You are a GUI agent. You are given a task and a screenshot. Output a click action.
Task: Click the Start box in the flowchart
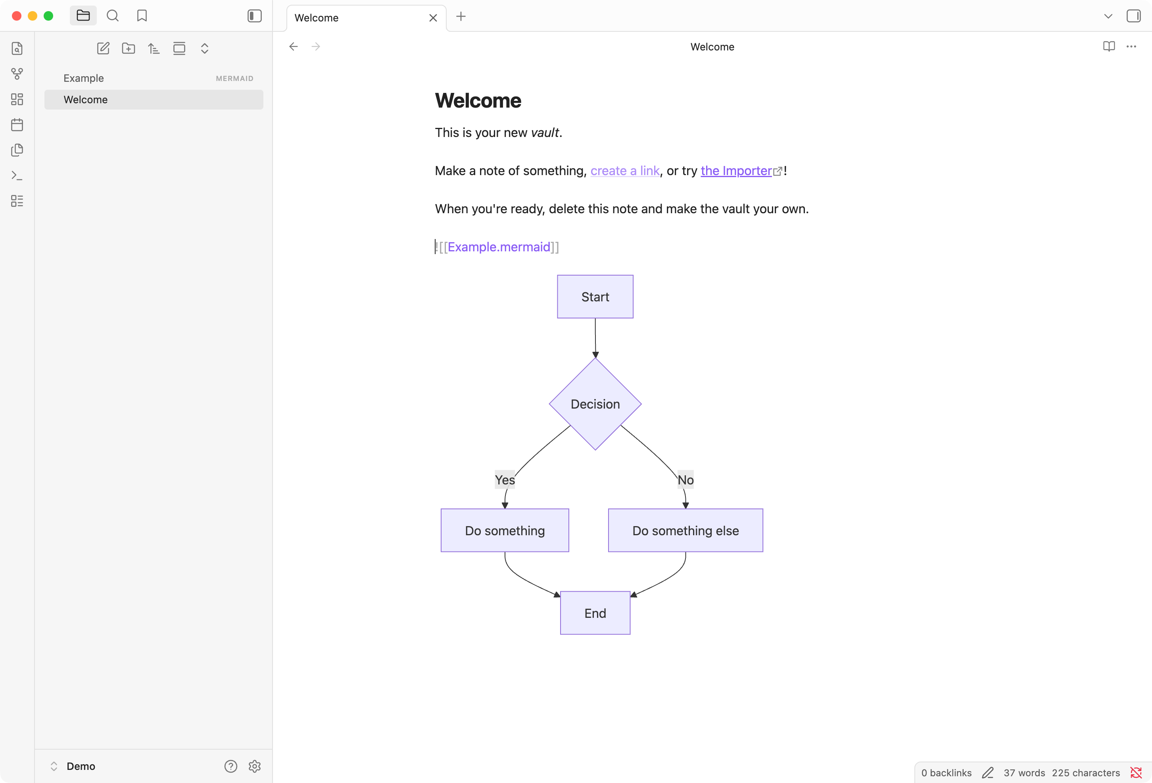tap(595, 297)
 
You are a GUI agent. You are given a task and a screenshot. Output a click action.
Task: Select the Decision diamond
tap(595, 404)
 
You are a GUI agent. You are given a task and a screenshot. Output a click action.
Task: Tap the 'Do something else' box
tap(685, 530)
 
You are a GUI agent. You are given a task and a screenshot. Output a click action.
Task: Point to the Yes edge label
tap(505, 480)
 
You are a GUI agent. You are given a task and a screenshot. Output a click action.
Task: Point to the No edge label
tap(685, 480)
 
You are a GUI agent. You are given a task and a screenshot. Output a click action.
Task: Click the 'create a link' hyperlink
tap(624, 171)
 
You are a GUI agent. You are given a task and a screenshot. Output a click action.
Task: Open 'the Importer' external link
tap(735, 171)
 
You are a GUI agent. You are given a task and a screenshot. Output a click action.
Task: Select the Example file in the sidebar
tap(84, 78)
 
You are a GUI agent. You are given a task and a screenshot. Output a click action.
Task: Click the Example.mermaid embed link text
tap(499, 247)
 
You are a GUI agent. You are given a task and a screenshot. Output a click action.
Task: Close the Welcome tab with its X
tap(433, 18)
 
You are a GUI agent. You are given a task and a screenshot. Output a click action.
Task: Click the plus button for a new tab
tap(461, 16)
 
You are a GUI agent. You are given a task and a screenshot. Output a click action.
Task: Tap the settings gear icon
tap(255, 766)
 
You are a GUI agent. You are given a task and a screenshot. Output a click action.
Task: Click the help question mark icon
tap(230, 766)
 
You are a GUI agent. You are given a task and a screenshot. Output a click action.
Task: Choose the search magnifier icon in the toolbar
tap(113, 16)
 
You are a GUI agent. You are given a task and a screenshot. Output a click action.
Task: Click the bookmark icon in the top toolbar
tap(142, 16)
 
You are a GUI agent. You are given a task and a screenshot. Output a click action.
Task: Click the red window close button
tap(16, 16)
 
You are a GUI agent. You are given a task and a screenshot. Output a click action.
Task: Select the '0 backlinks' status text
tap(946, 773)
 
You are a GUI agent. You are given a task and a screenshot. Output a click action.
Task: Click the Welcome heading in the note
tap(478, 101)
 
